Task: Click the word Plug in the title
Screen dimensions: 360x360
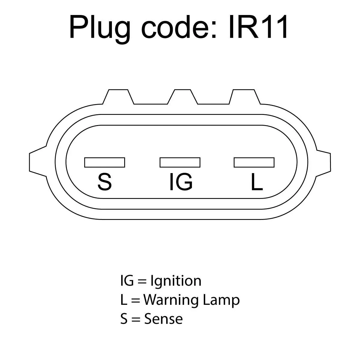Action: point(100,29)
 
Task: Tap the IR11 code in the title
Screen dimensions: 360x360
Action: point(258,27)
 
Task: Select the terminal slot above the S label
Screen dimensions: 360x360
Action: point(105,162)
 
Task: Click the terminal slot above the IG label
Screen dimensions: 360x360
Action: point(180,162)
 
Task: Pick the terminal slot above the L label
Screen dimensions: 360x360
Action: point(254,162)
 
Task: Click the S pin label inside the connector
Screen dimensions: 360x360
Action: point(105,182)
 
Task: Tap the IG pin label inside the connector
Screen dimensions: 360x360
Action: point(181,182)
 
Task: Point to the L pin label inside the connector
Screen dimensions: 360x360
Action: point(257,182)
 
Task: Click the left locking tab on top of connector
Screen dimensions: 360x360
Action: point(118,97)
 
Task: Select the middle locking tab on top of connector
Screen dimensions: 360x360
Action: point(182,97)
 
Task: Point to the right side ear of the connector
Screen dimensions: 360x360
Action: point(323,161)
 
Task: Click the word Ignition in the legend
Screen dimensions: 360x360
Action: point(176,281)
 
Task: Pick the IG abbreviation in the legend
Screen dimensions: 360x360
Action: point(127,280)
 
